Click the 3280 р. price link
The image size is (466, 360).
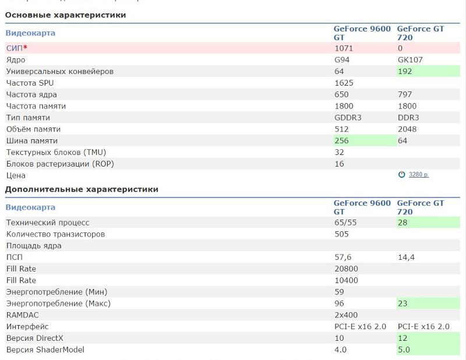(x=419, y=175)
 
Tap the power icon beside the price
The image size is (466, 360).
(x=401, y=175)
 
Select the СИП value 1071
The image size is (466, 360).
(x=344, y=48)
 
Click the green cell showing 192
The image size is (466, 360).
(x=405, y=72)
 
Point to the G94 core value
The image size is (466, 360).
(x=343, y=60)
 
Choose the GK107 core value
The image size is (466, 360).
(x=410, y=60)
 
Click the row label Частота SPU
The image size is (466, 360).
(x=30, y=83)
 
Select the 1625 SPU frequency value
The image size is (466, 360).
(x=344, y=83)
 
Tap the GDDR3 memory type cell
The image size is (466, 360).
(x=348, y=118)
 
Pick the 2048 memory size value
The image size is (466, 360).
(x=407, y=129)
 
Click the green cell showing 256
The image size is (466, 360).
(x=342, y=141)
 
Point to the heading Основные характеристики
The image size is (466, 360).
(x=65, y=15)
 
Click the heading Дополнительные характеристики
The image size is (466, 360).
(x=82, y=189)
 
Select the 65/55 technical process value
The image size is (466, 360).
(x=346, y=223)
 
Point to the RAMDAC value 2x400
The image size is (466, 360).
(x=346, y=315)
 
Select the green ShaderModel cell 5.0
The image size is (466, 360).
(x=403, y=350)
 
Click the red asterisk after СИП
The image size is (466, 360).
(x=26, y=48)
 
